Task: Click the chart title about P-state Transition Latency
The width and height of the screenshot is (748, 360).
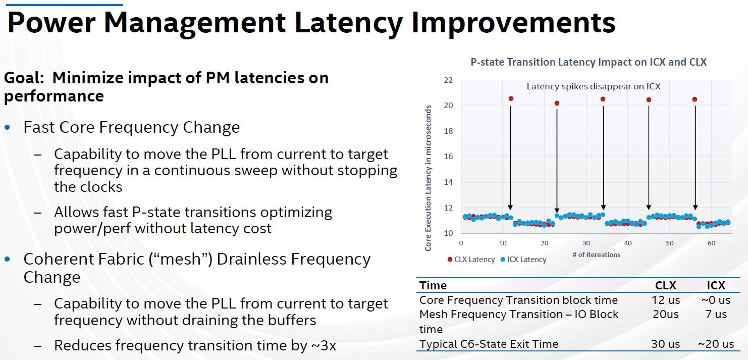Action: coord(589,62)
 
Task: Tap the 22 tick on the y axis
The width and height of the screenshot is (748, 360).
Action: coord(448,80)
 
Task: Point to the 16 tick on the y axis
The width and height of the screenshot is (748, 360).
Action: coord(448,157)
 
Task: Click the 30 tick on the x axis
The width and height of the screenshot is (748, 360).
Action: coord(586,243)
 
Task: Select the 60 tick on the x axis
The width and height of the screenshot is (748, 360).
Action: coord(711,243)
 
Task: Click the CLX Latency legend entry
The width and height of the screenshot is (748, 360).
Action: coord(471,260)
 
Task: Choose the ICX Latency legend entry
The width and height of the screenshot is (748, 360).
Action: coord(523,260)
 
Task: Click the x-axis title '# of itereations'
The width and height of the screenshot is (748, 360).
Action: coord(596,254)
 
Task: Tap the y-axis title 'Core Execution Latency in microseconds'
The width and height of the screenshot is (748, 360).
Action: coord(428,178)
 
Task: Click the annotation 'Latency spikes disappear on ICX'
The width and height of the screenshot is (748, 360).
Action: coord(594,86)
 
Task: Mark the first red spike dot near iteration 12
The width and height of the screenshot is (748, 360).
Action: coord(511,98)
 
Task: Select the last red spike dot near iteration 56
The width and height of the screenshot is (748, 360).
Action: coord(694,99)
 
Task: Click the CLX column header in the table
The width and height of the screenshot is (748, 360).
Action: coord(666,286)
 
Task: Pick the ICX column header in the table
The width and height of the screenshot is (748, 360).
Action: coord(716,286)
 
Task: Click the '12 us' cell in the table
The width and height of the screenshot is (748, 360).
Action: coord(666,300)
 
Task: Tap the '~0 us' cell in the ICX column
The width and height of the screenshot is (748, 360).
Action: coord(716,300)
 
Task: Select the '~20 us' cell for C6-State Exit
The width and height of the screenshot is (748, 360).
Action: coord(716,344)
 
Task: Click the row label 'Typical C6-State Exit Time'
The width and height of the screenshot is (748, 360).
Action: coord(489,344)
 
